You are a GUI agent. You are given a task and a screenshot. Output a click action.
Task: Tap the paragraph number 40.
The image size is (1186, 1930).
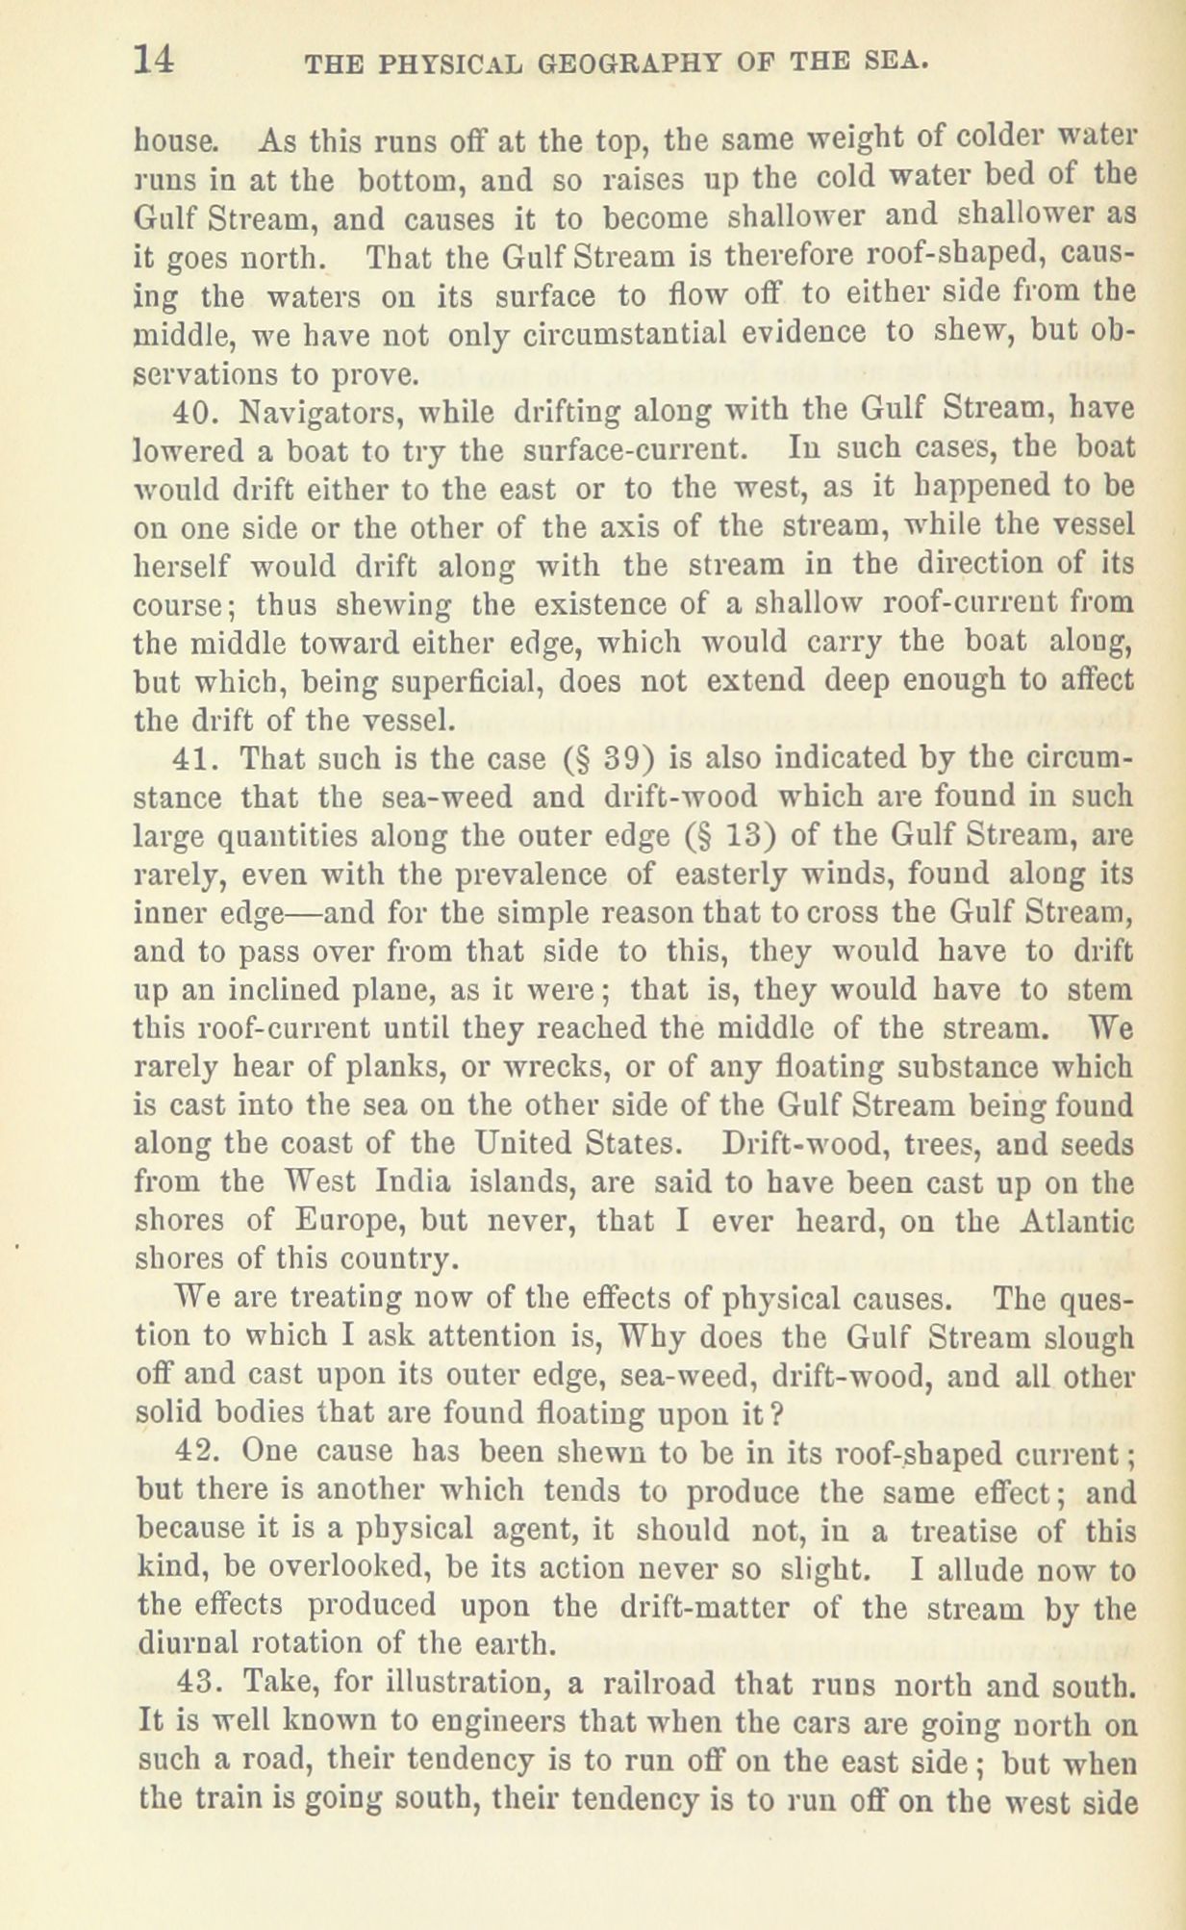pyautogui.click(x=195, y=413)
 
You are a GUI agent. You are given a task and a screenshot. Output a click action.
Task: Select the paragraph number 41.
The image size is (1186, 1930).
pyautogui.click(x=195, y=759)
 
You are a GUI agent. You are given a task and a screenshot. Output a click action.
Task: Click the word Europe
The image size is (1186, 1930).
pyautogui.click(x=350, y=1221)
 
